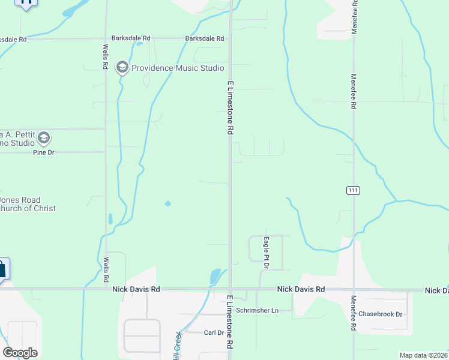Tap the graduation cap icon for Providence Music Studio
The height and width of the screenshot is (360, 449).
123,67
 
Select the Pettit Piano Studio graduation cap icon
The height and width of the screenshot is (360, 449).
43,139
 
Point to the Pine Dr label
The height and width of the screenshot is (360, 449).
43,153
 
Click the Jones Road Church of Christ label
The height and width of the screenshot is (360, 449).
28,204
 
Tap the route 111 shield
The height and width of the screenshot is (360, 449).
353,190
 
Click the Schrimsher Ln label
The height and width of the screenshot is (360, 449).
258,310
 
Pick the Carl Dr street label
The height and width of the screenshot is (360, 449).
214,332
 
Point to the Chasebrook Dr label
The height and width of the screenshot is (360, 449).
380,314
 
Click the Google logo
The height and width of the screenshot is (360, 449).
20,353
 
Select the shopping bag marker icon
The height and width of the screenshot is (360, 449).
2,269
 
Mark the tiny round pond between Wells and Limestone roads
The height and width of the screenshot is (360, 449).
167,203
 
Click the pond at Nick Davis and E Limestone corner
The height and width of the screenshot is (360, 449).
214,277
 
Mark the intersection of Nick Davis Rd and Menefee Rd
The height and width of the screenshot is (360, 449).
354,290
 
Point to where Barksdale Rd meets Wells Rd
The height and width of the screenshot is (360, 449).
106,39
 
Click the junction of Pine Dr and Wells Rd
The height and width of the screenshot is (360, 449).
106,152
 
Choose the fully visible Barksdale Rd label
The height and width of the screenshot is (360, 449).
204,39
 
